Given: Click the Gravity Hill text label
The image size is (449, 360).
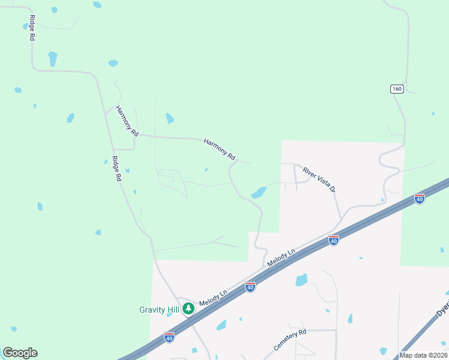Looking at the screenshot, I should pos(159,310).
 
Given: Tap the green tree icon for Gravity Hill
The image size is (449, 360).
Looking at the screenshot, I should pos(188,308).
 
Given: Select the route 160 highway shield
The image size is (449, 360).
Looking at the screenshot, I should pos(396,89).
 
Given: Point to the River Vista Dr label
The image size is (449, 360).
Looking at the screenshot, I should pos(319,180).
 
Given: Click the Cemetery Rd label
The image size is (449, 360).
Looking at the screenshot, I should pos(290,340).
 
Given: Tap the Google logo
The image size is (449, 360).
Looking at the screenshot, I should pos(20,353).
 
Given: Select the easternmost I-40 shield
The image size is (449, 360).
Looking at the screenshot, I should pos(420,198).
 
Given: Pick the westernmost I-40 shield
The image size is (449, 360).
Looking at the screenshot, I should pos(169,337).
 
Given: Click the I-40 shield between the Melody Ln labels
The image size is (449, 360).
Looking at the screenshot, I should pos(250,287).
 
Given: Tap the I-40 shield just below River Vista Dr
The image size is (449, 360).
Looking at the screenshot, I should pos(334,240).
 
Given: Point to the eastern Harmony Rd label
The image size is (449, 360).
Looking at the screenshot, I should pos(219,149).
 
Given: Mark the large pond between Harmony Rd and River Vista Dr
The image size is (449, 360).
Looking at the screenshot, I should pos(259,193).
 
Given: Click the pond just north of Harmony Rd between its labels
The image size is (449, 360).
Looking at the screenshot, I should pos(170,118).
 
